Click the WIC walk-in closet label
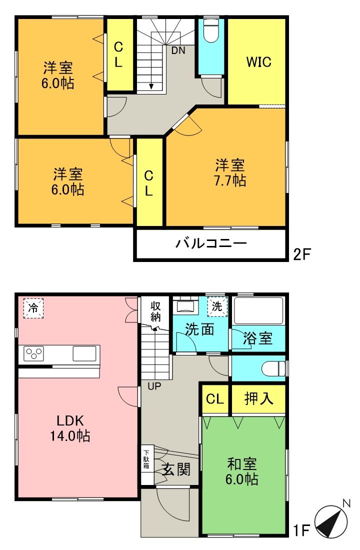tap(258, 62)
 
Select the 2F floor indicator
tap(302, 254)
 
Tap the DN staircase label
tap(178, 50)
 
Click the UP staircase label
tap(154, 385)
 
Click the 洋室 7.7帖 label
tap(230, 172)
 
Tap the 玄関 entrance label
tap(176, 469)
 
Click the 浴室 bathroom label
tap(258, 338)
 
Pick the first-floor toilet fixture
tap(273, 368)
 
